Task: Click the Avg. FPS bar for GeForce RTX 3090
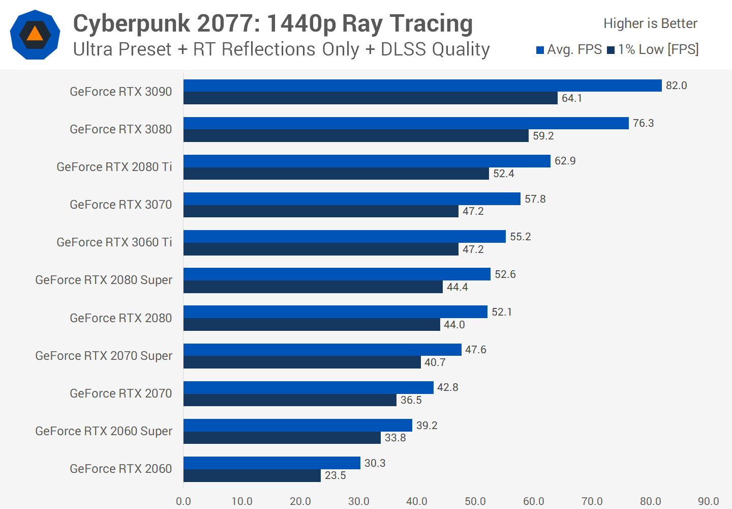[422, 86]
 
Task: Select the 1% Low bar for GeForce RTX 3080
[356, 136]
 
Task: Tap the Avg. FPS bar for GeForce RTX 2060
[272, 463]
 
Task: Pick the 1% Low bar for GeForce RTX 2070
[290, 400]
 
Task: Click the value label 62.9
[565, 161]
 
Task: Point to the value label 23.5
[335, 475]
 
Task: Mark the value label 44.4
[457, 287]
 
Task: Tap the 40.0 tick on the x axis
[417, 501]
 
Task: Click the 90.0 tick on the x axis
[708, 501]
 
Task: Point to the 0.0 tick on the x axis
[184, 501]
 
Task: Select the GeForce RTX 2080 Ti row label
[114, 167]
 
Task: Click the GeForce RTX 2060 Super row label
[104, 431]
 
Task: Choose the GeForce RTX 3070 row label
[121, 205]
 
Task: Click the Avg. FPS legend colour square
[540, 50]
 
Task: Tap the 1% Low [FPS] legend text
[658, 49]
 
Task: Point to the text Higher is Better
[650, 23]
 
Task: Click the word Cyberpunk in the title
[132, 23]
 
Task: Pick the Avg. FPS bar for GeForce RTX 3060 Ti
[345, 237]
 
